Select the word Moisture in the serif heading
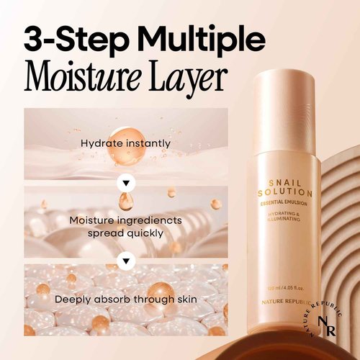(81, 76)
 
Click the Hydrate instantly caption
(126, 143)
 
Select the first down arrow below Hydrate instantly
(126, 177)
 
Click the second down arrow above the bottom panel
(126, 258)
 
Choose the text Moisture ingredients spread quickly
(126, 226)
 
